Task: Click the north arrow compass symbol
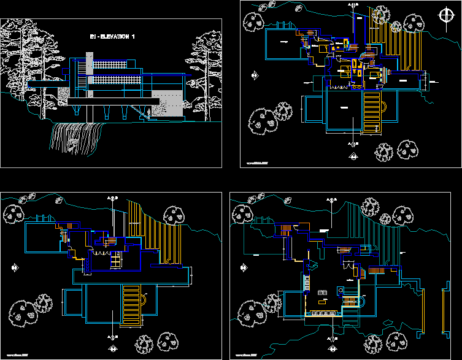click(x=444, y=16)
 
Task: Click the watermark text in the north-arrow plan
click(x=259, y=163)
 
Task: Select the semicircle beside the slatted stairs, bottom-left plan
click(x=144, y=299)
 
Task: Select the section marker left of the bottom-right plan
click(x=244, y=267)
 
